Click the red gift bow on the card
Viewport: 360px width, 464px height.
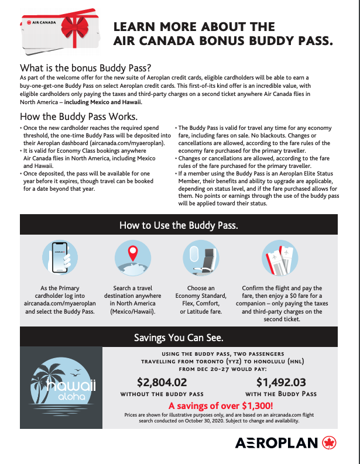pos(73,26)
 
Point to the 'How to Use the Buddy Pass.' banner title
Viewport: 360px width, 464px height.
pos(179,225)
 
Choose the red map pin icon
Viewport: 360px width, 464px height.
pos(132,255)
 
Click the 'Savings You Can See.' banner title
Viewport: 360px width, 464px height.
pos(179,338)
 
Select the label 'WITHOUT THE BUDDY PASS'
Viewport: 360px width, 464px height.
pos(162,394)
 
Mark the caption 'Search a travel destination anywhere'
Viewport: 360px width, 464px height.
pos(132,293)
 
